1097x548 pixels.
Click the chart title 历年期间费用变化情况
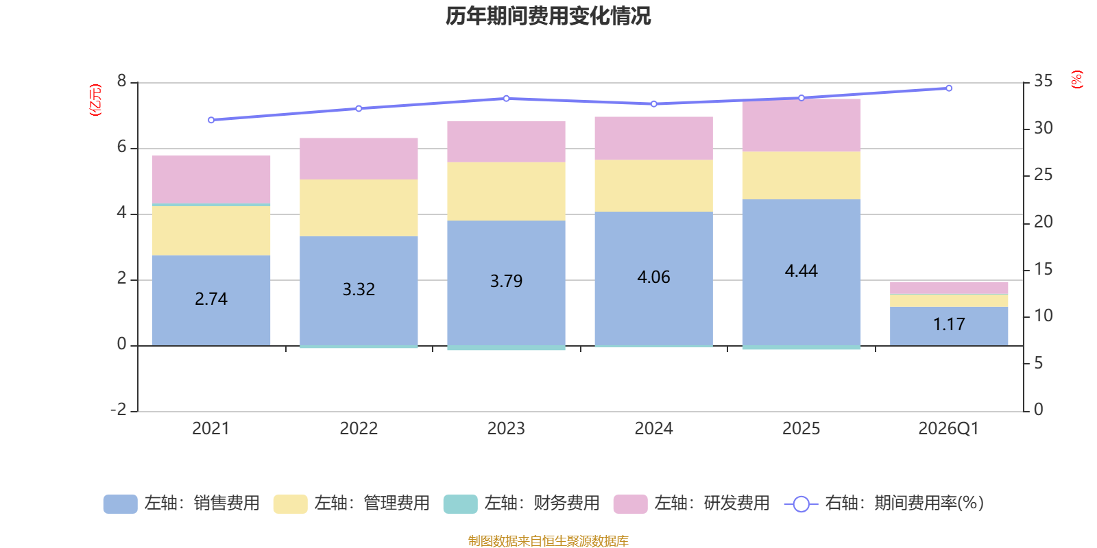(548, 16)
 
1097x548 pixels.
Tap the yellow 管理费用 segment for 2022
(359, 208)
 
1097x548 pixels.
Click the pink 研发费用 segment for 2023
(506, 142)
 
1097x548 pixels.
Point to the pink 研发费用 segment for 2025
(801, 125)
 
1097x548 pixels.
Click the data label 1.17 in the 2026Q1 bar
(949, 324)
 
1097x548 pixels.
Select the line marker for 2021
(211, 120)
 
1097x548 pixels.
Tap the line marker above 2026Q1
(949, 88)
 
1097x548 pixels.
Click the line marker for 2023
(506, 98)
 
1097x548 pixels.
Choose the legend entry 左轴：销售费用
(182, 503)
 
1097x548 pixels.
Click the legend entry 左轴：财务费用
(522, 503)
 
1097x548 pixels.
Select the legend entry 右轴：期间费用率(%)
(884, 503)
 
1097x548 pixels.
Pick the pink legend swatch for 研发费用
(630, 504)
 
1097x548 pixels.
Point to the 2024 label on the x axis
(653, 429)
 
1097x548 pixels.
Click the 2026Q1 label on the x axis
(948, 429)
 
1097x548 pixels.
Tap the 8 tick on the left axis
(122, 82)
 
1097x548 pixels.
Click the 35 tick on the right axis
(1043, 82)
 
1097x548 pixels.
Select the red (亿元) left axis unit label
(95, 100)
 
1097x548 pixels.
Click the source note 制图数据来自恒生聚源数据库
(548, 541)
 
